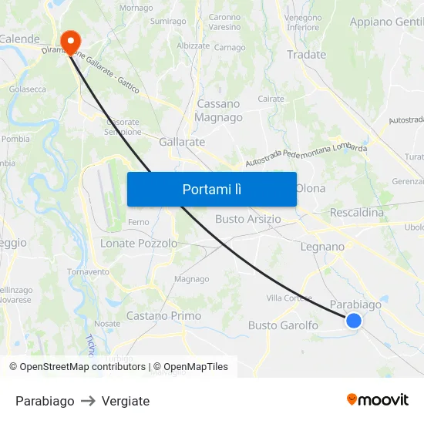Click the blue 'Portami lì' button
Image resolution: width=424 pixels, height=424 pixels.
coord(211,189)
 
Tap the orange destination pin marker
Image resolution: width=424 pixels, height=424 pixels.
coord(71,42)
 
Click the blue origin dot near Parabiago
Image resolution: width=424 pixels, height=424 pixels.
coord(353,320)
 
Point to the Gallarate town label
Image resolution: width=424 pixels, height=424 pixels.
coord(182,142)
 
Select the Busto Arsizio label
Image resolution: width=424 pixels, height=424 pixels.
coord(248,219)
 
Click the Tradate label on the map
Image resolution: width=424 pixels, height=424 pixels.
coord(306,55)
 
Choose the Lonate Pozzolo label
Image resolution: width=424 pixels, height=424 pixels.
coord(139,243)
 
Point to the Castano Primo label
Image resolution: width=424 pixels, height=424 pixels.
coord(163,316)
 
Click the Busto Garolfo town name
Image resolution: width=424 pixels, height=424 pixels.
coord(283,325)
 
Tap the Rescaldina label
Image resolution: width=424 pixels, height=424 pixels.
coord(356,212)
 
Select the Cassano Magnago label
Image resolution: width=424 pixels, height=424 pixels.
coord(219,110)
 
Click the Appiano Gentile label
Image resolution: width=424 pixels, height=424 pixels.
coord(386,22)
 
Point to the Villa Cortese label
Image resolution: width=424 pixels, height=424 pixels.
coord(288,298)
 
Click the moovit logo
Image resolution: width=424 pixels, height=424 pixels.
coord(378,399)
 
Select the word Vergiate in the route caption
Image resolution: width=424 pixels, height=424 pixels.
coord(126,401)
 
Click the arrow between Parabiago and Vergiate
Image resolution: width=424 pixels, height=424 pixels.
coord(88,401)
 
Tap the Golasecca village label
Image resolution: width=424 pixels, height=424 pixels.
coord(27,89)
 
